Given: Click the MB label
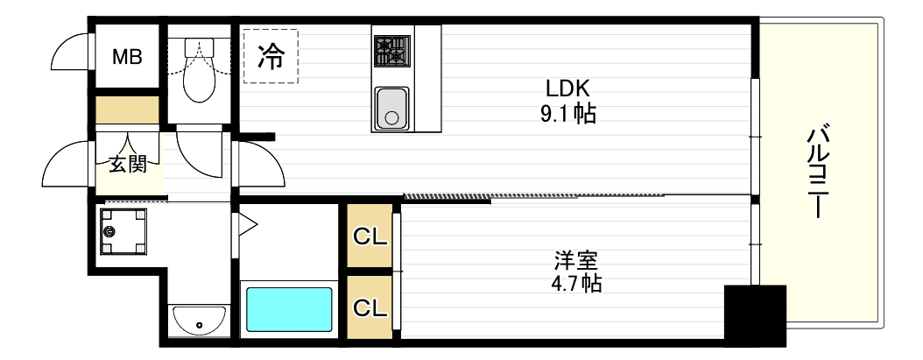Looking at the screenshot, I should [x=127, y=57].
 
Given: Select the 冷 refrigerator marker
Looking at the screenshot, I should [x=271, y=57].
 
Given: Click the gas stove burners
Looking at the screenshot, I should [x=391, y=51].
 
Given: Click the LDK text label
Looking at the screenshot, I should [x=570, y=88].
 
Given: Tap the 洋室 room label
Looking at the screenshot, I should [x=576, y=260].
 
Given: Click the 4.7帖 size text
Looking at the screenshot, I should [x=576, y=284].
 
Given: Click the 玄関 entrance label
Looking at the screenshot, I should [x=128, y=165].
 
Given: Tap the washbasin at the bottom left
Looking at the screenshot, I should [x=199, y=321].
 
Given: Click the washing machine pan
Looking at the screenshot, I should [x=123, y=231].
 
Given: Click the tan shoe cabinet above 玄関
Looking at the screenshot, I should [x=127, y=110].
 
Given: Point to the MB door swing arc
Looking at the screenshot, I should [x=70, y=54].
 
